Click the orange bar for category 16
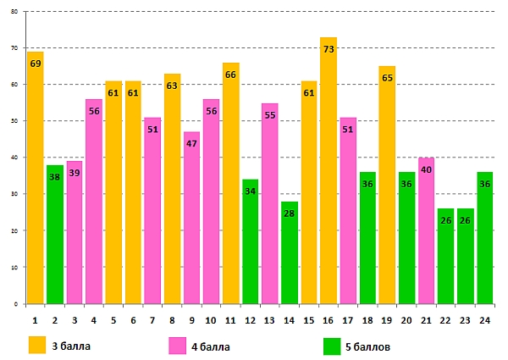pos(329,170)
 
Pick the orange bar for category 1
pos(35,178)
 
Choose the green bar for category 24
pos(485,238)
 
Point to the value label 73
pos(329,50)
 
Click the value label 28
pos(290,213)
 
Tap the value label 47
pos(191,144)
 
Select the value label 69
pos(35,64)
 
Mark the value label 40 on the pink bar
pos(426,169)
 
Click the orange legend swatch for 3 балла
pos(36,345)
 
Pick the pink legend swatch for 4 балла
pos(176,345)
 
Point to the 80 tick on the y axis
pos(14,12)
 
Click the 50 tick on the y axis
pos(14,121)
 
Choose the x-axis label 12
pos(250,320)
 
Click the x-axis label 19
pos(387,320)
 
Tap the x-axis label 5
pos(113,320)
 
